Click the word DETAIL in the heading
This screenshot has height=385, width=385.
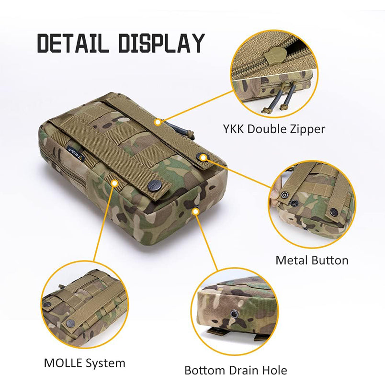73,43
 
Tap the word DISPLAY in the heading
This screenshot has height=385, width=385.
161,43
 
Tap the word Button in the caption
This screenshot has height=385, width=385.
328,260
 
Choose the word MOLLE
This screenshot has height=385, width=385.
63,363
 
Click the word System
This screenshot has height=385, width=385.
105,363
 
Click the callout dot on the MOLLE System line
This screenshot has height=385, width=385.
114,183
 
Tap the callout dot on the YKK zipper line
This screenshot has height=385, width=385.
159,122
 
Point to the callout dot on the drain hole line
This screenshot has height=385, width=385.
195,211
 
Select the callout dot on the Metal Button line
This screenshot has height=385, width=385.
203,158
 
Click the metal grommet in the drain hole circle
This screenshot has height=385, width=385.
233,314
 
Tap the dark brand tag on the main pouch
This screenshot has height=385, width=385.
76,154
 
